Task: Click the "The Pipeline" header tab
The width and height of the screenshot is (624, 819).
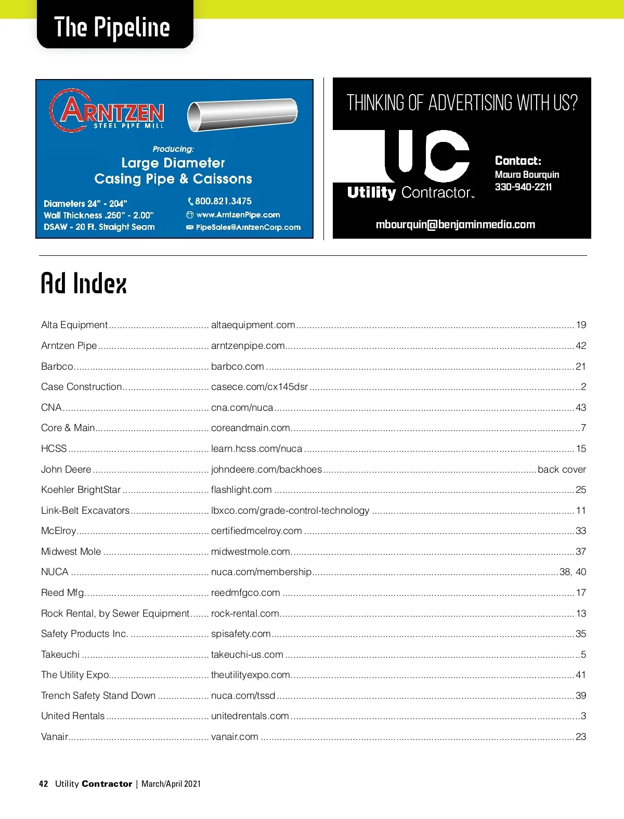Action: point(112,28)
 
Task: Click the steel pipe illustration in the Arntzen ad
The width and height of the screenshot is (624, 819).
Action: point(242,115)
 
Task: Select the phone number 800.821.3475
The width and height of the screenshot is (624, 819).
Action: point(223,201)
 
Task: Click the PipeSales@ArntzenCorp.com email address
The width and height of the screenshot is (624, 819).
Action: point(248,227)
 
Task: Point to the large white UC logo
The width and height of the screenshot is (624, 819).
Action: point(427,155)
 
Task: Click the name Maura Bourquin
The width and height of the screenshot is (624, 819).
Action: point(527,175)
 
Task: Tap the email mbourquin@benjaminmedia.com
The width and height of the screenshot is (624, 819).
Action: point(455,225)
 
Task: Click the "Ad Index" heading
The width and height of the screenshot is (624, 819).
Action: point(84,284)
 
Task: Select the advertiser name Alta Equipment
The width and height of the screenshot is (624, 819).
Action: point(74,325)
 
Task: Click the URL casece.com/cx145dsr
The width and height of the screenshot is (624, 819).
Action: point(259,387)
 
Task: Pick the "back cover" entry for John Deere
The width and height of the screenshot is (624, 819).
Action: point(562,470)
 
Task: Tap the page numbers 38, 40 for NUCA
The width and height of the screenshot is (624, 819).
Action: point(573,572)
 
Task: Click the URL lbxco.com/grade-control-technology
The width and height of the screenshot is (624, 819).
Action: point(290,511)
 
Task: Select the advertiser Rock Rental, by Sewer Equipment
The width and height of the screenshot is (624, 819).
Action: point(115,614)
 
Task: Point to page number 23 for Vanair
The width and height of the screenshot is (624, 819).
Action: point(581,737)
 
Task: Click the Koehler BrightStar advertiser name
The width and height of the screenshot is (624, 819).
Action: point(81,490)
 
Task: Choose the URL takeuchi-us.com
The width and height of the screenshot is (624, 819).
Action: point(247,655)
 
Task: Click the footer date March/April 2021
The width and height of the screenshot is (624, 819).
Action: point(171,784)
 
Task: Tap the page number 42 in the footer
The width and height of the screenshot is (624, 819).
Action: point(44,784)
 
